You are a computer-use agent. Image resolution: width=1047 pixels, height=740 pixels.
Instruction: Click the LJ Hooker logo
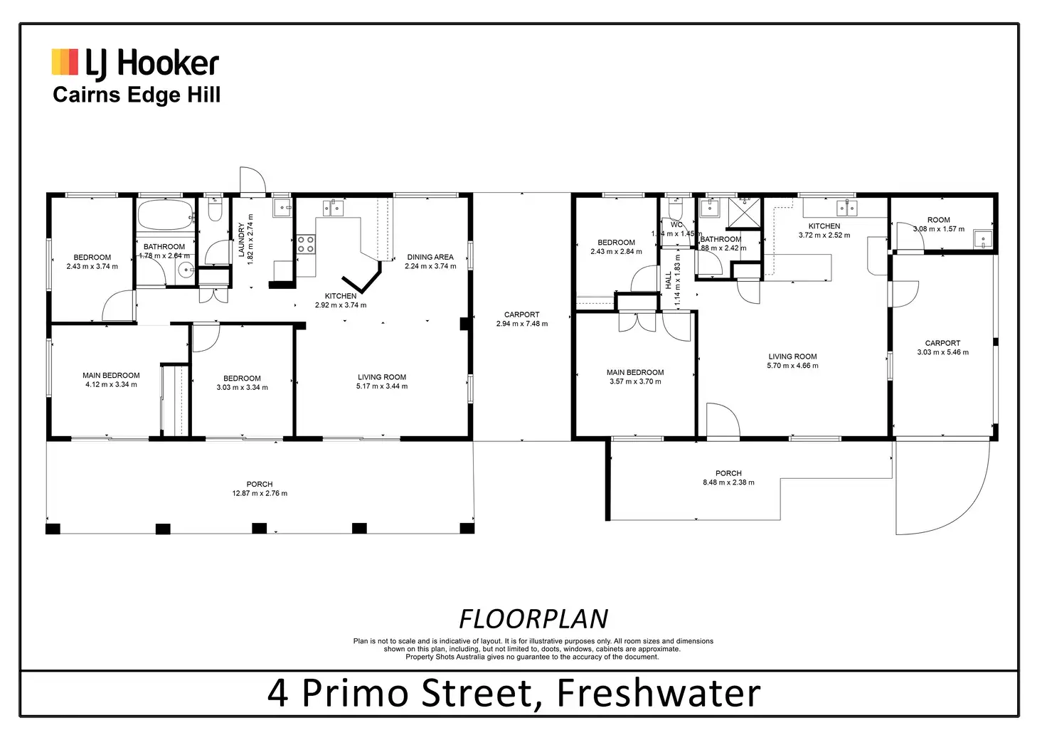135,63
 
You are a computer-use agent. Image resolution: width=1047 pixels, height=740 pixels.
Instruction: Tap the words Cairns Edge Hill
137,95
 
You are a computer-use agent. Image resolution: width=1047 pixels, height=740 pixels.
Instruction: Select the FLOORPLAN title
533,619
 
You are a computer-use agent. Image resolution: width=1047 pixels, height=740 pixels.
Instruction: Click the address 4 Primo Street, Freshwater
514,693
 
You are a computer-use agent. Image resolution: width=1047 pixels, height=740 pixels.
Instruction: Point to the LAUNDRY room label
241,240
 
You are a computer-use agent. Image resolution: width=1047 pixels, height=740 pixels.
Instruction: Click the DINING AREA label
430,257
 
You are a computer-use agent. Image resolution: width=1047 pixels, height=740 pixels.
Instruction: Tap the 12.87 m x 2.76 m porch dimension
260,493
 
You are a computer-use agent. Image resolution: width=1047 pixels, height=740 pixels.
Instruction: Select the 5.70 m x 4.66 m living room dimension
792,366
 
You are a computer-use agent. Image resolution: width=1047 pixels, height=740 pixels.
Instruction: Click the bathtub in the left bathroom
165,213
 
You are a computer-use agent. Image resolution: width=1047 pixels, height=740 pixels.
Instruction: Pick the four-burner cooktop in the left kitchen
306,245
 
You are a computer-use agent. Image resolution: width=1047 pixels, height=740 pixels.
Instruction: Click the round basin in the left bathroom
186,270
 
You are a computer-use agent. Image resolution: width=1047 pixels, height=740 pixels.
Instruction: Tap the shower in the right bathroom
744,211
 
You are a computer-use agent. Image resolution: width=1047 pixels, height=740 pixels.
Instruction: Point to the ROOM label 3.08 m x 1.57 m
938,220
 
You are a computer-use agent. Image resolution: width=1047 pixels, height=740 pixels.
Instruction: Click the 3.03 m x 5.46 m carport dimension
942,352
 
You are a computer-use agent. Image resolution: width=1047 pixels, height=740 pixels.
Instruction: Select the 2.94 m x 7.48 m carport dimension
522,324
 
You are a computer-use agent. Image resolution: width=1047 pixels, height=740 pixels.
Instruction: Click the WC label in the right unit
676,225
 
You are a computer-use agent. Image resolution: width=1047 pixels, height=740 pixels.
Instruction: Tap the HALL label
669,280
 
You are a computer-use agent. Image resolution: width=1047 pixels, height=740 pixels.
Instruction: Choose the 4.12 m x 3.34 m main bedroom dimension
111,384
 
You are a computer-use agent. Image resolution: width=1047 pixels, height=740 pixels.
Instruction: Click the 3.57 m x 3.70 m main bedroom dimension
635,381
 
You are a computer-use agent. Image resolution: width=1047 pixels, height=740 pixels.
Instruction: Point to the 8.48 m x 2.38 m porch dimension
728,482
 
